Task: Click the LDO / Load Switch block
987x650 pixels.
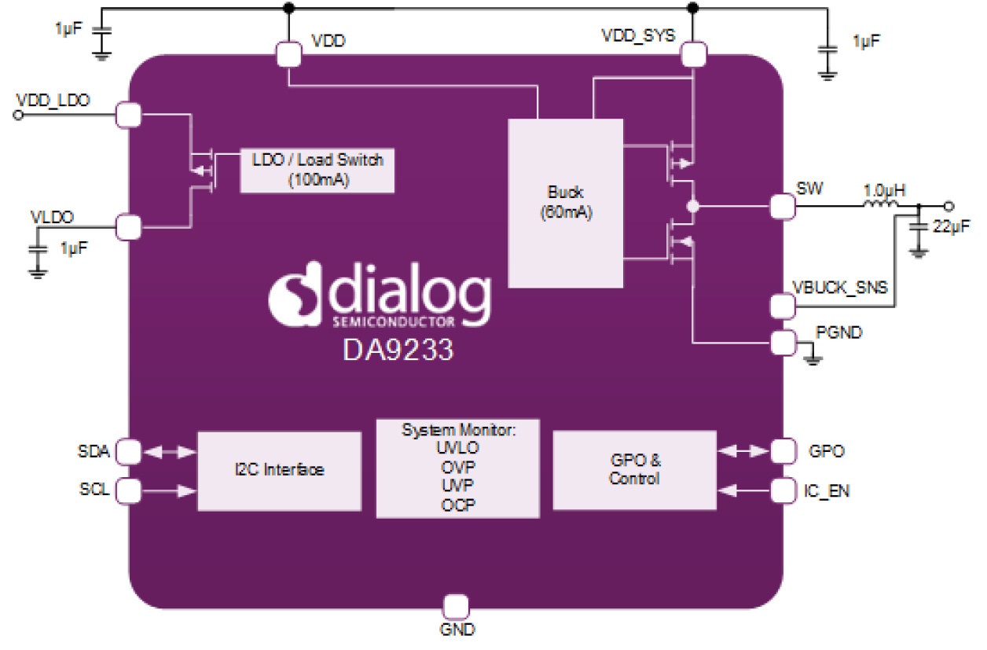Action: (317, 169)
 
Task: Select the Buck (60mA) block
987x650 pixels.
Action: (565, 202)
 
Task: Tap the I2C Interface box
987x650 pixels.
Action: (279, 470)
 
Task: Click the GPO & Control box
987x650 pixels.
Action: (634, 470)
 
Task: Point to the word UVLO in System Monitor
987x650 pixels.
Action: (457, 448)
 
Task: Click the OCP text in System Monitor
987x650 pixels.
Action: (457, 505)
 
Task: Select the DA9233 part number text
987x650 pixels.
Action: (398, 348)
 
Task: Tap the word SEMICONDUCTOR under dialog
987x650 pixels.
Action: (393, 322)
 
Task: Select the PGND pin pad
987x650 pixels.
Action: (783, 343)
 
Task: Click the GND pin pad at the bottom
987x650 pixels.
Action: (456, 608)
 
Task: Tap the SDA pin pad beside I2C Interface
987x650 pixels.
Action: (128, 452)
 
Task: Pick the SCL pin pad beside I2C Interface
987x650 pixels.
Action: (128, 491)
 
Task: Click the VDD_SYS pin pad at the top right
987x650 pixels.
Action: (692, 54)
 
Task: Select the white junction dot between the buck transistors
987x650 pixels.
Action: (692, 207)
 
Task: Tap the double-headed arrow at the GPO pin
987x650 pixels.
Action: (743, 451)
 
